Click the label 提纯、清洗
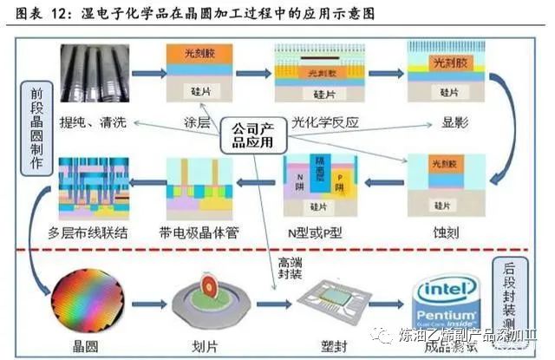[x=91, y=122]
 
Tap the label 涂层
[x=199, y=122]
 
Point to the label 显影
[x=444, y=122]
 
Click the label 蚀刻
[x=444, y=232]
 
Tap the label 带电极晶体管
[x=199, y=232]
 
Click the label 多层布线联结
[x=94, y=232]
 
